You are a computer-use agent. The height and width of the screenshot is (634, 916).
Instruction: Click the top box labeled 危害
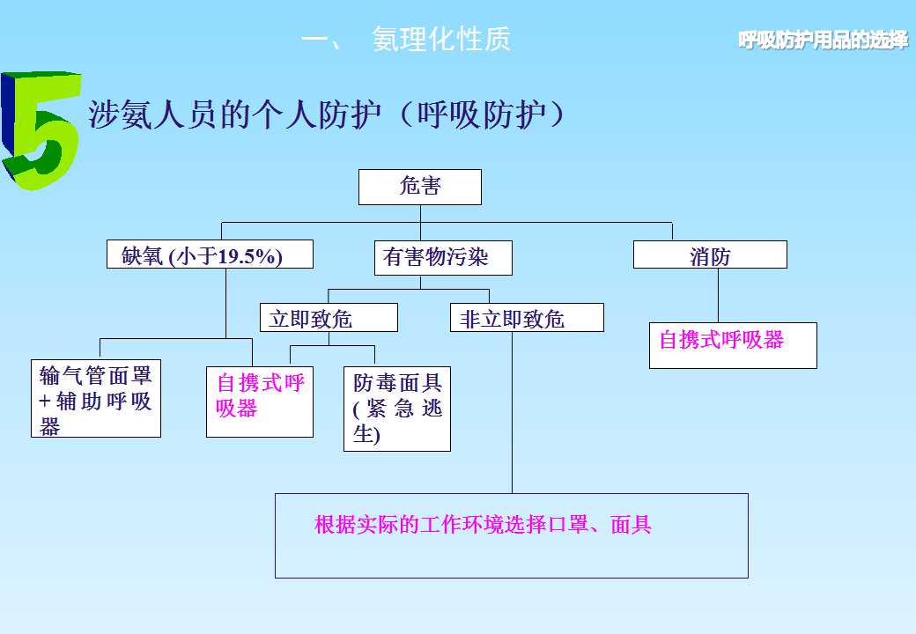420,186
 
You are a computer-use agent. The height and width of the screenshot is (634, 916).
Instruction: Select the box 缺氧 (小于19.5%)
209,255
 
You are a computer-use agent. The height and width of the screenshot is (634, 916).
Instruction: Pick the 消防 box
710,255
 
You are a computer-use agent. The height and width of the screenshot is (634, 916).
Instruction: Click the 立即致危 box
329,318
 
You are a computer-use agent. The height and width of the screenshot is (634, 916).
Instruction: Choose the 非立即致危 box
527,318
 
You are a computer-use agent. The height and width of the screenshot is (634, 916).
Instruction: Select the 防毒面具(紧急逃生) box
397,409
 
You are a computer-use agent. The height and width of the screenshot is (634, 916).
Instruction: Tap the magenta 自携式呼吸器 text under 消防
721,339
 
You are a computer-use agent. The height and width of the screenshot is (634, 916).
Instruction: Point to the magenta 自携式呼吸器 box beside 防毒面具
260,396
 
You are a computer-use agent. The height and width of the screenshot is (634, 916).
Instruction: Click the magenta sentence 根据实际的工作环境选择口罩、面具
483,526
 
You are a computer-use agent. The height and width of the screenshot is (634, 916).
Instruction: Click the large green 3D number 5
40,132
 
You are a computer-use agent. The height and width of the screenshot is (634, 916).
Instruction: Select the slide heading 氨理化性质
440,40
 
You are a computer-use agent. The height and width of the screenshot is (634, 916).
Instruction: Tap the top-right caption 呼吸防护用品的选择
823,41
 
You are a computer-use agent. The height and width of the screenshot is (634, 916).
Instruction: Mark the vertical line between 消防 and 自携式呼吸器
719,295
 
